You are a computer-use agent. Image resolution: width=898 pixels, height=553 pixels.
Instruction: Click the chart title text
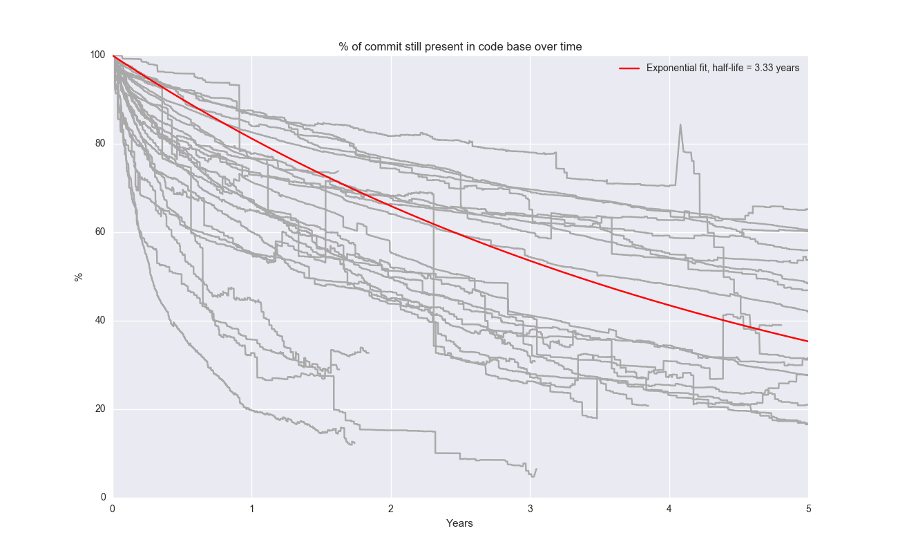click(x=460, y=47)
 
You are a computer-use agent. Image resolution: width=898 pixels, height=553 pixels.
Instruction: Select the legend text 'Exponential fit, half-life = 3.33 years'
click(x=723, y=68)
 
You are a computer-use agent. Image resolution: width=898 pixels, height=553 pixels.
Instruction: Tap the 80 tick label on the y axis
click(x=100, y=144)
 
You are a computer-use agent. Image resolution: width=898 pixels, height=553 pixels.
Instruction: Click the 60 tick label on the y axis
click(x=100, y=232)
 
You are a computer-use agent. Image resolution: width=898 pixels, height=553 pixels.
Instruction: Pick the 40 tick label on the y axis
click(x=100, y=321)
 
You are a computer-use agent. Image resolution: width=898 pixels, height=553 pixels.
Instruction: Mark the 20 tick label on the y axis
click(x=100, y=409)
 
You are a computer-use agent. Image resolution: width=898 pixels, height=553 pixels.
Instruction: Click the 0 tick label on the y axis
click(x=103, y=498)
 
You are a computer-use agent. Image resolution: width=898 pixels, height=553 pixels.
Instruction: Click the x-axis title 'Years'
click(x=459, y=524)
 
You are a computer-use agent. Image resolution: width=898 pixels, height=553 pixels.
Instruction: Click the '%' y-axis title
click(x=79, y=276)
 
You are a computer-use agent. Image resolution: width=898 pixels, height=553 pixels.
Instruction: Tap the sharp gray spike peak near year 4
click(x=680, y=125)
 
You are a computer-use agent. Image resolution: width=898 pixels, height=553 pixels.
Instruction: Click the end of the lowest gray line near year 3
click(x=536, y=469)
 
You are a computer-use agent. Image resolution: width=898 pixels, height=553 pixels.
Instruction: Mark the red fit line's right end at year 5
click(x=807, y=341)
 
